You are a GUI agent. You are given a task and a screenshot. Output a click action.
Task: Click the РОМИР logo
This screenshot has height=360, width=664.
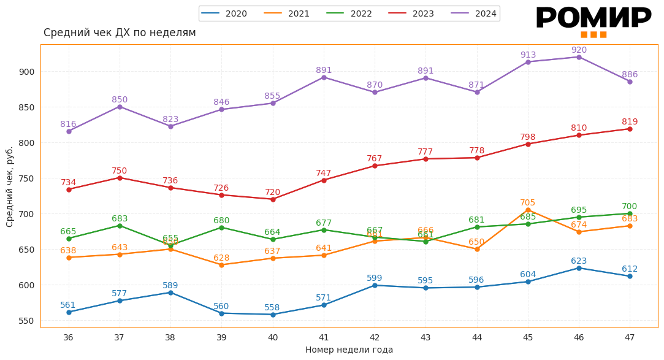[x=593, y=20]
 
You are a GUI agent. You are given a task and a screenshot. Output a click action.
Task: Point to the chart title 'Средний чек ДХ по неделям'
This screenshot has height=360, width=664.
[x=120, y=33]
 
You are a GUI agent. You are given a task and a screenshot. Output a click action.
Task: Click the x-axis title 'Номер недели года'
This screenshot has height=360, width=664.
[x=349, y=350]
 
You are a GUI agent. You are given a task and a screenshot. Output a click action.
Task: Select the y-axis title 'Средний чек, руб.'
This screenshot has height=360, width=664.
[x=10, y=186]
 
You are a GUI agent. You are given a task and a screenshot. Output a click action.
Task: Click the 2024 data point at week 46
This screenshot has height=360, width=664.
[x=579, y=57]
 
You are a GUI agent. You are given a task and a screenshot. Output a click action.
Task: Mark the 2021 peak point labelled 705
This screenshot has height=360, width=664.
[x=528, y=210]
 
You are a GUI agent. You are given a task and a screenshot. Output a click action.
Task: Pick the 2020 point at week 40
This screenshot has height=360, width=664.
[x=273, y=315]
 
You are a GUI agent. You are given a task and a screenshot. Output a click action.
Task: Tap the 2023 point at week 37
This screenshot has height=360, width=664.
[x=120, y=178]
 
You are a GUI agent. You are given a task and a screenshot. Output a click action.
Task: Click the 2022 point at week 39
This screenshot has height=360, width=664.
[x=221, y=228]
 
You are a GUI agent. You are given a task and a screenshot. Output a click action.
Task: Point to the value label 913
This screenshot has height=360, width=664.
[x=528, y=55]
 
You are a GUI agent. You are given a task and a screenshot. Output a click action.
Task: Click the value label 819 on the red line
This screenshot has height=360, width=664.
[x=630, y=122]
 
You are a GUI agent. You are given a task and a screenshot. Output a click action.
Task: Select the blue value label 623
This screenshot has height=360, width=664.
[x=579, y=261]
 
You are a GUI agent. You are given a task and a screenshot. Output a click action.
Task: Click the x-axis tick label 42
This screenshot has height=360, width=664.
[x=375, y=337]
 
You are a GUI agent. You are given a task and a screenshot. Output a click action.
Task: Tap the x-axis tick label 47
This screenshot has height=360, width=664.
[x=630, y=337]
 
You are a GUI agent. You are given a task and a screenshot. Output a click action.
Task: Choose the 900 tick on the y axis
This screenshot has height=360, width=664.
[x=27, y=72]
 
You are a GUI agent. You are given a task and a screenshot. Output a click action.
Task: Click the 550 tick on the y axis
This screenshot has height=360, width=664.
[x=27, y=321]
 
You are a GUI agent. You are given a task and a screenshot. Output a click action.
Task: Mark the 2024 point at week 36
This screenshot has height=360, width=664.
[x=69, y=131]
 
